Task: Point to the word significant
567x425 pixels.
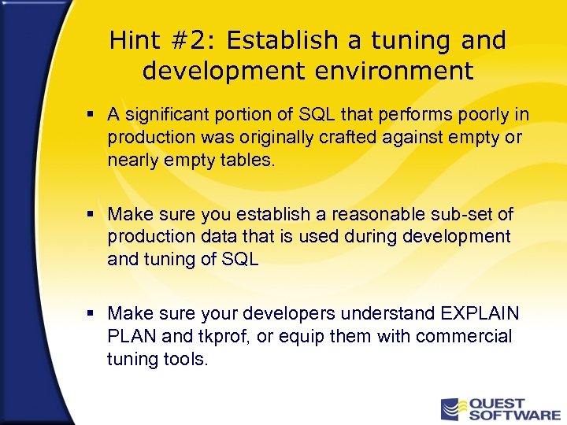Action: click(168, 116)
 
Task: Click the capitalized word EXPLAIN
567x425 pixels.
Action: click(480, 314)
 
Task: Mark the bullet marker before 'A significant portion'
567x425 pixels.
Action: click(91, 116)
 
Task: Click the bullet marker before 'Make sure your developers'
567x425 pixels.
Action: click(91, 313)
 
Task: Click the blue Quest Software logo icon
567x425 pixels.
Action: click(454, 409)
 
